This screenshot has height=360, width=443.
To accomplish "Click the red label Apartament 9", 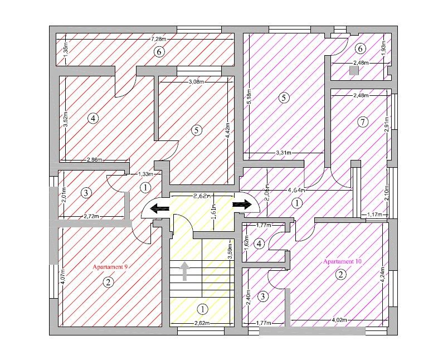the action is [x=110, y=267].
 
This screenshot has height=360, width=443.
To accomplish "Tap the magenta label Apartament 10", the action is [x=342, y=261].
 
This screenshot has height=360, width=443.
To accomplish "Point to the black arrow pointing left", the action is [x=160, y=209].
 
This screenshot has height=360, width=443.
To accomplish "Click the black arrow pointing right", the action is [x=242, y=204].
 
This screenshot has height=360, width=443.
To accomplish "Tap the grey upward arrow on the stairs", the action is [x=185, y=271].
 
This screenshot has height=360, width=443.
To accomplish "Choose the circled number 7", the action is [x=363, y=122].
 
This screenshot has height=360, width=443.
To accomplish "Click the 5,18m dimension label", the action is [x=249, y=98].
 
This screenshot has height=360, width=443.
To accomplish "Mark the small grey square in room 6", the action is [x=354, y=71].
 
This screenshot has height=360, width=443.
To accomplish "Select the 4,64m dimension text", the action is [x=296, y=190].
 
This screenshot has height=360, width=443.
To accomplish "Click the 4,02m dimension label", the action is [x=339, y=320].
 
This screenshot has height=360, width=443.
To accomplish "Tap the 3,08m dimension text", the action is [x=196, y=82].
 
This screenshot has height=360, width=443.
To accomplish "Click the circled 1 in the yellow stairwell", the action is [x=202, y=309].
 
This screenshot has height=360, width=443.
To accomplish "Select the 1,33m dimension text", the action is [x=146, y=174].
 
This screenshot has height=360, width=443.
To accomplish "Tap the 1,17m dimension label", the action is [x=375, y=215].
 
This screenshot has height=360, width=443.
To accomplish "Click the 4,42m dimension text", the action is [x=227, y=129].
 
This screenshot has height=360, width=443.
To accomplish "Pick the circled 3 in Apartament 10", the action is [x=263, y=296].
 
